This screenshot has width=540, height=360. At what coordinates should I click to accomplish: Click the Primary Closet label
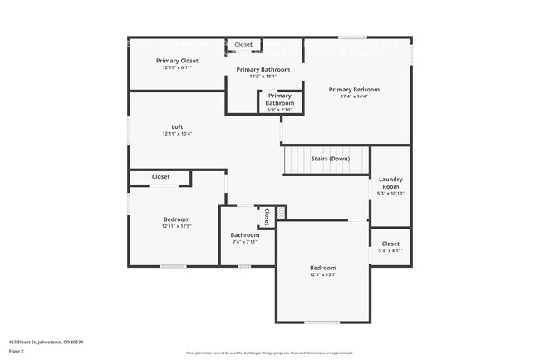coord(177,61)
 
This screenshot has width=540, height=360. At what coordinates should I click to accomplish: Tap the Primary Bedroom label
coord(354,90)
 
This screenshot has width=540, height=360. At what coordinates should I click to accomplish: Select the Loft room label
coord(177,127)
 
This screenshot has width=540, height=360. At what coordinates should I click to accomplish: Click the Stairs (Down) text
coord(330,158)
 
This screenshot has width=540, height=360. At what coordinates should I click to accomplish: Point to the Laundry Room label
coord(390,183)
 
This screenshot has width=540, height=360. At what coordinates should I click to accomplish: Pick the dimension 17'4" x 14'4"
coord(354,97)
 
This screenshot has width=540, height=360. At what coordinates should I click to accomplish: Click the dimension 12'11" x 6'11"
coord(177,68)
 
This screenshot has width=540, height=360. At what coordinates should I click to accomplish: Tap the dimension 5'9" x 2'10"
coord(279,110)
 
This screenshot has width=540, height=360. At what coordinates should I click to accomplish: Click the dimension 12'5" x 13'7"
coord(322,274)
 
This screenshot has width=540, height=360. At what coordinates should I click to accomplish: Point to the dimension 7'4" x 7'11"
coord(245,243)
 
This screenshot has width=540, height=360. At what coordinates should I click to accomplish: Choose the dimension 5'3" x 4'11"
coord(390,250)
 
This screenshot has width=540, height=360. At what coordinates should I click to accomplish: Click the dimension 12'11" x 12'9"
coord(176,226)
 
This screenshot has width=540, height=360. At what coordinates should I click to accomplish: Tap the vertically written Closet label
coord(267,217)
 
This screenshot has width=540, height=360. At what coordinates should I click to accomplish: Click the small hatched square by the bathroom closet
coord(281,214)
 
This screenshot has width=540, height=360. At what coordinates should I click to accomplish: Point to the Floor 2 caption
coord(17,352)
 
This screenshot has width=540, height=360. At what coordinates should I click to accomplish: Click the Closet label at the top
coord(243,44)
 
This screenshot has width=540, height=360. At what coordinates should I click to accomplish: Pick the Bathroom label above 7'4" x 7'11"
coord(245,235)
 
